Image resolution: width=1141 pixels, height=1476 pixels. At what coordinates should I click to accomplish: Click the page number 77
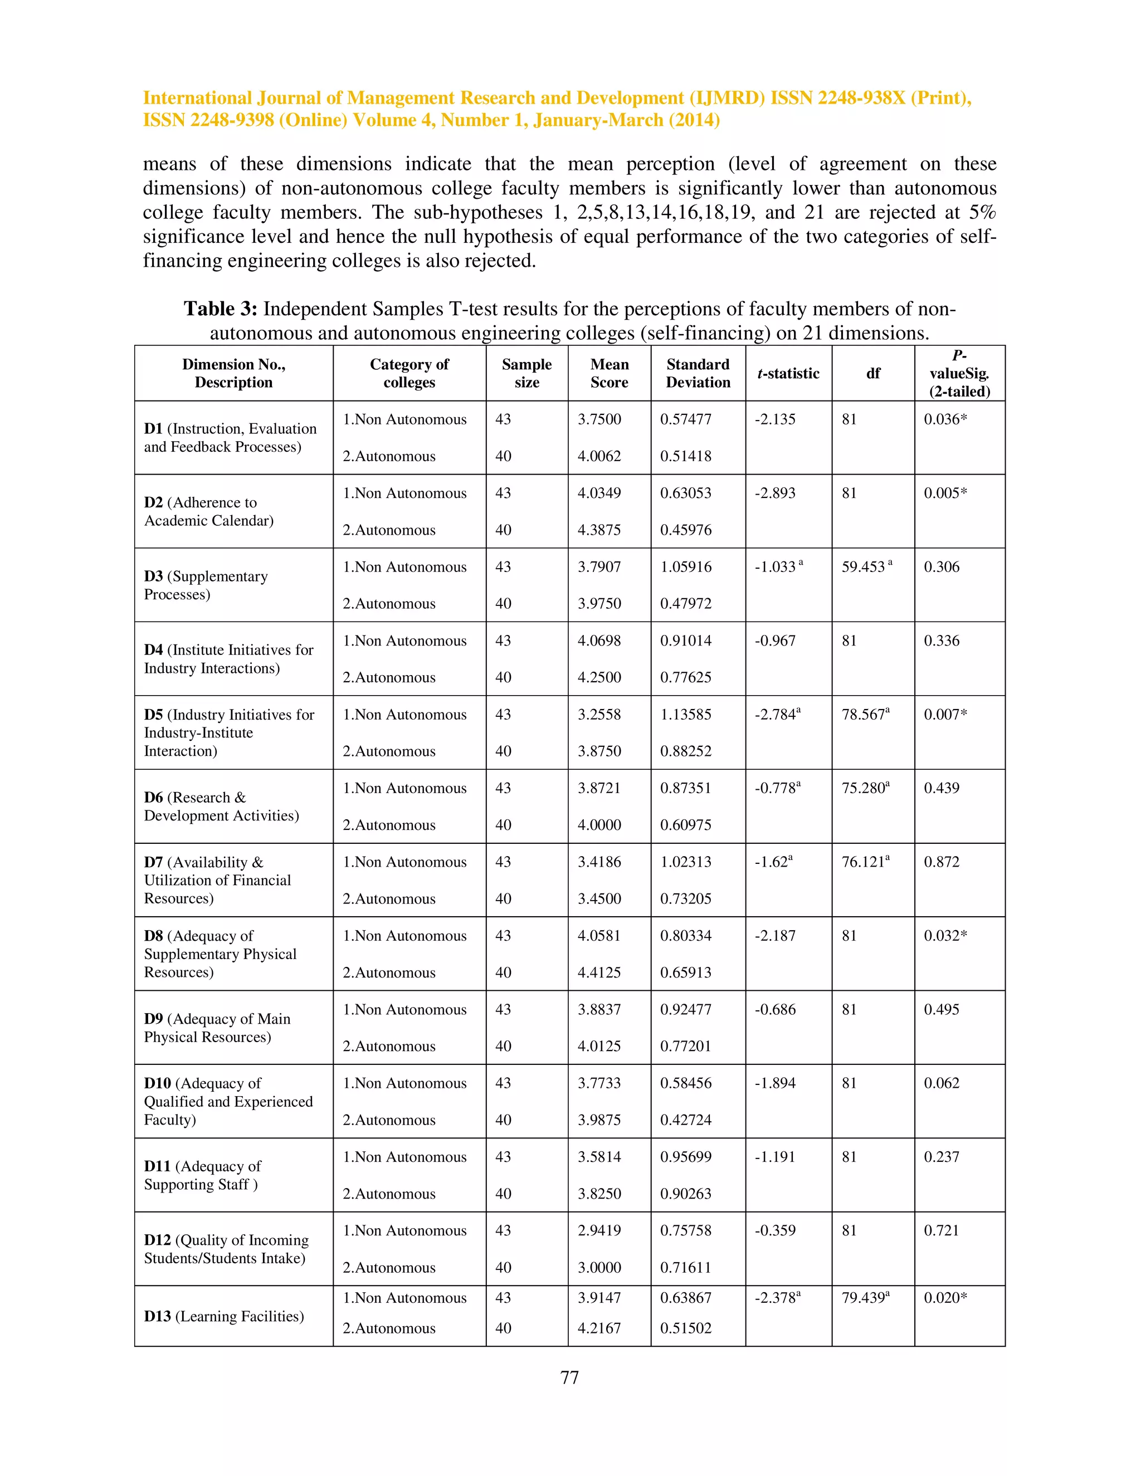click(569, 1377)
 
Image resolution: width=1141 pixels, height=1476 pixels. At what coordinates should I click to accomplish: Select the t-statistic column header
click(788, 373)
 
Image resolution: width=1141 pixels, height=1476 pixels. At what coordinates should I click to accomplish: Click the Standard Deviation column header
click(698, 373)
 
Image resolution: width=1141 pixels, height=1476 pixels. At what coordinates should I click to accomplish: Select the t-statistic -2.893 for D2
click(774, 493)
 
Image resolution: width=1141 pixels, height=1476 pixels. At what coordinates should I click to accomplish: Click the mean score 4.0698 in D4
click(599, 640)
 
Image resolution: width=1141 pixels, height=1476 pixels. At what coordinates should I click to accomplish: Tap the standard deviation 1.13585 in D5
click(685, 715)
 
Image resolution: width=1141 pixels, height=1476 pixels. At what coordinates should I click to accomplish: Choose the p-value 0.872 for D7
click(942, 862)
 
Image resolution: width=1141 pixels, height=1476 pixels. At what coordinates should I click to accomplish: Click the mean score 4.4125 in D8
click(599, 972)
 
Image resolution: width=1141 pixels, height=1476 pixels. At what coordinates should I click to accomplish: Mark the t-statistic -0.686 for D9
click(774, 1009)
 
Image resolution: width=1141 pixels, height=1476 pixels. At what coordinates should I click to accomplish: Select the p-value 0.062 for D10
click(942, 1083)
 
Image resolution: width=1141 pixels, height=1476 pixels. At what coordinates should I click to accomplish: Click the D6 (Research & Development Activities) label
click(221, 807)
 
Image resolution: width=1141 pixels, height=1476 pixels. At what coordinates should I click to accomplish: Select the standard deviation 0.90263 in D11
click(685, 1194)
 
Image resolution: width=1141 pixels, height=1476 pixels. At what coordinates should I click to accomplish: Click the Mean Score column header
click(609, 373)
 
